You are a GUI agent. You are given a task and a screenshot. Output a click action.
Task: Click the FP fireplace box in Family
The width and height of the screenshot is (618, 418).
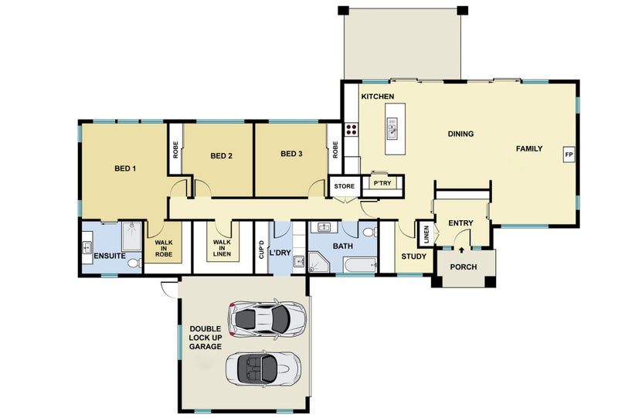pos(569,155)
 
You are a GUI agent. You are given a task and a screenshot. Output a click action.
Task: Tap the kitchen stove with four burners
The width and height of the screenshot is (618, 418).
pos(351,129)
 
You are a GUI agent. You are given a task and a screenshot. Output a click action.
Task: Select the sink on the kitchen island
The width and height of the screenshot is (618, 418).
pos(392,128)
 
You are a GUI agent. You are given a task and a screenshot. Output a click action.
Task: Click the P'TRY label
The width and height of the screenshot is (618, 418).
pos(382,183)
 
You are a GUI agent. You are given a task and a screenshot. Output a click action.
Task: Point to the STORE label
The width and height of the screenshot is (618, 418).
pos(344,186)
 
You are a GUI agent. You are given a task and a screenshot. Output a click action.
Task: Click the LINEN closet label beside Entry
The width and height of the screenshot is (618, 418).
pos(426,234)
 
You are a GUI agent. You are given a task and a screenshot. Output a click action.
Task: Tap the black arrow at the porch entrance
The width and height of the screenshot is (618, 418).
pos(461,250)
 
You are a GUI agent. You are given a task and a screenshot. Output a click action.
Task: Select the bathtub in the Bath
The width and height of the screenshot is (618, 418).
pos(360,264)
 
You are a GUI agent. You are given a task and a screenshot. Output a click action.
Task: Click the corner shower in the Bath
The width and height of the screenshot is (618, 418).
pos(318,263)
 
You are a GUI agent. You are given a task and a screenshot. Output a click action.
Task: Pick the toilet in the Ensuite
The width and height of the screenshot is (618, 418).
pos(134,263)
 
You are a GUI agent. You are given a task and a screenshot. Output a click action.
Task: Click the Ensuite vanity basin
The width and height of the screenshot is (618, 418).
pos(87,248)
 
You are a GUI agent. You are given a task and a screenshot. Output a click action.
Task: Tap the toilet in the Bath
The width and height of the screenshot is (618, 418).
pos(370,233)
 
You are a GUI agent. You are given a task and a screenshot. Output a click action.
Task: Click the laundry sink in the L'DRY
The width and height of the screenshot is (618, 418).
pos(299,261)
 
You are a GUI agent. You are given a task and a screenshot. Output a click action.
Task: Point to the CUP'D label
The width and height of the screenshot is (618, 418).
pos(262,250)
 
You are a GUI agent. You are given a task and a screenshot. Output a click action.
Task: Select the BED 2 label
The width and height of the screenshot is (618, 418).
pos(221,156)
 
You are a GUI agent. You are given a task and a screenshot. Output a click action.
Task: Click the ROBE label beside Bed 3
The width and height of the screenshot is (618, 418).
pos(335,150)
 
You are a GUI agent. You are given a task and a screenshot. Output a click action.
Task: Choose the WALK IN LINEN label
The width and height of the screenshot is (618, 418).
pos(222,248)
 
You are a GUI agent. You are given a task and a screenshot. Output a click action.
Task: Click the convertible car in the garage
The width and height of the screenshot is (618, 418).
pos(263,369)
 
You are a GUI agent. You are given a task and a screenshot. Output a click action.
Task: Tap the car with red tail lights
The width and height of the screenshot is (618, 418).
pos(267,318)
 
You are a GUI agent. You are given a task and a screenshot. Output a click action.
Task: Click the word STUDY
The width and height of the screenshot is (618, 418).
pos(414,257)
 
